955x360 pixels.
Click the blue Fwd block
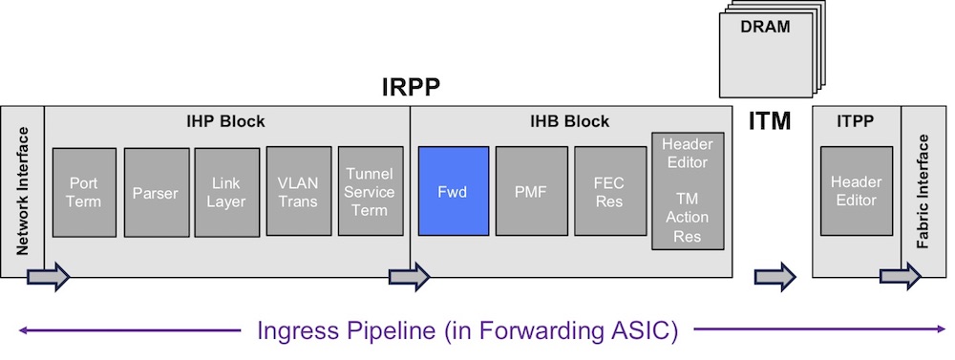[453, 191]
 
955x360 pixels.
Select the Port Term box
[84, 192]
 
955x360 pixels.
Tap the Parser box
[157, 192]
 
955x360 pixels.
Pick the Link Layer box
[226, 192]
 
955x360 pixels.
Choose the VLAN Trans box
[298, 191]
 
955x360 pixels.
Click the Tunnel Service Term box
[371, 191]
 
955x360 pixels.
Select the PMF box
[531, 191]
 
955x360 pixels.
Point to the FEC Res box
[610, 191]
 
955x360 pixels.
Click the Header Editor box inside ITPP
[857, 191]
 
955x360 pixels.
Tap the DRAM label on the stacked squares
[765, 27]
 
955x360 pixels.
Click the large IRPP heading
[411, 88]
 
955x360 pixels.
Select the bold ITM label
[769, 121]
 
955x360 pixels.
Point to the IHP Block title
[225, 122]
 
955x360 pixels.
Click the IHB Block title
[569, 122]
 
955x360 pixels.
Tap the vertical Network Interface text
[23, 191]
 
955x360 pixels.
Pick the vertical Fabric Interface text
[923, 191]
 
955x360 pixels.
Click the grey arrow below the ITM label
[775, 277]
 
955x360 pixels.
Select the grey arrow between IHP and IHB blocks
[410, 277]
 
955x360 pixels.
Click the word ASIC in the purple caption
[645, 330]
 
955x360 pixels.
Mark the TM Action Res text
[688, 218]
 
